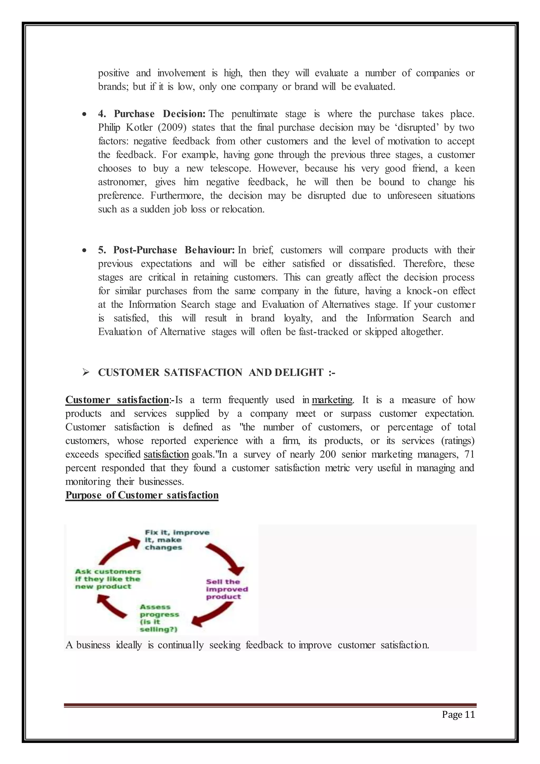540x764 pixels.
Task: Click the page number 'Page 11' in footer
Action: (458, 715)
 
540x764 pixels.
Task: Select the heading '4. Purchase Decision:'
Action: (152, 114)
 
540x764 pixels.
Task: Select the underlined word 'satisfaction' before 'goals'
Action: (166, 454)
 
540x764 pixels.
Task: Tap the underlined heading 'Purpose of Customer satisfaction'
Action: (142, 495)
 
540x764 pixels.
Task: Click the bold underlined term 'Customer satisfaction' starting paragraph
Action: (117, 400)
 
